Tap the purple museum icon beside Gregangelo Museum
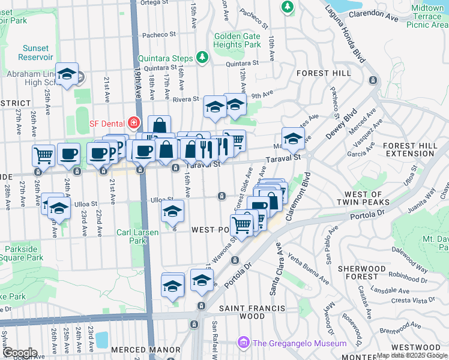(243, 343)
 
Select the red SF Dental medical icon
(133, 124)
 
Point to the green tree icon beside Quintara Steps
(203, 58)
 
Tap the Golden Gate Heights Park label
(238, 40)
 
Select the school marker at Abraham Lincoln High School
(67, 74)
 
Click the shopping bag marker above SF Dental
(159, 126)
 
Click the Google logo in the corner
(19, 353)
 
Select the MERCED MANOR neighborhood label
(146, 350)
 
